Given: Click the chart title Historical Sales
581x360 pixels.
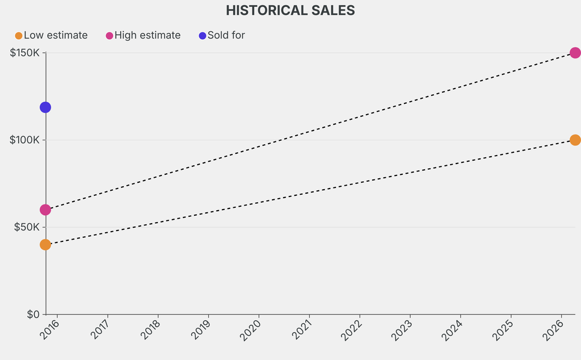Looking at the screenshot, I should tap(290, 10).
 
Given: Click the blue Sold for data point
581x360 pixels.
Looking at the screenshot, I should tap(45, 107).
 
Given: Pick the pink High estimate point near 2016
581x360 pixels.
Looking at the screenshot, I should tap(45, 210).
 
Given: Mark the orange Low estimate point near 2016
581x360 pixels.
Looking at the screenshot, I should tap(45, 245).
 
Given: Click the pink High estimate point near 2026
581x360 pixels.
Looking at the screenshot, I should tap(575, 53).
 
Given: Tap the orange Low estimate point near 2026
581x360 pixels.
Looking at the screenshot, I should tap(575, 140).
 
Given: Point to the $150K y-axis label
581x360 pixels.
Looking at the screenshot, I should tap(24, 53).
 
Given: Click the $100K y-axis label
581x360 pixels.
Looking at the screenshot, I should tap(24, 140).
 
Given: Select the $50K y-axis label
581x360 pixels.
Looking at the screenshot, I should tap(27, 227).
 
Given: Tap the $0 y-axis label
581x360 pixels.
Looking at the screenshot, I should tap(33, 314).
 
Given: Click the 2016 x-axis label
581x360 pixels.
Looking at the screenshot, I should tap(50, 330).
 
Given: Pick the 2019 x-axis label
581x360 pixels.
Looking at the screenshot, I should tap(201, 330).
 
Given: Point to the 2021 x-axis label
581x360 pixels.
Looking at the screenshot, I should tap(302, 330).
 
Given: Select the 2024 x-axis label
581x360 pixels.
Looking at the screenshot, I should tap(453, 330).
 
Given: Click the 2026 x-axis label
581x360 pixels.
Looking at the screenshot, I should tap(554, 330).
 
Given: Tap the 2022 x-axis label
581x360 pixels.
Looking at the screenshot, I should tap(353, 330).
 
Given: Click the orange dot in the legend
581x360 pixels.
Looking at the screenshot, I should tap(19, 36).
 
